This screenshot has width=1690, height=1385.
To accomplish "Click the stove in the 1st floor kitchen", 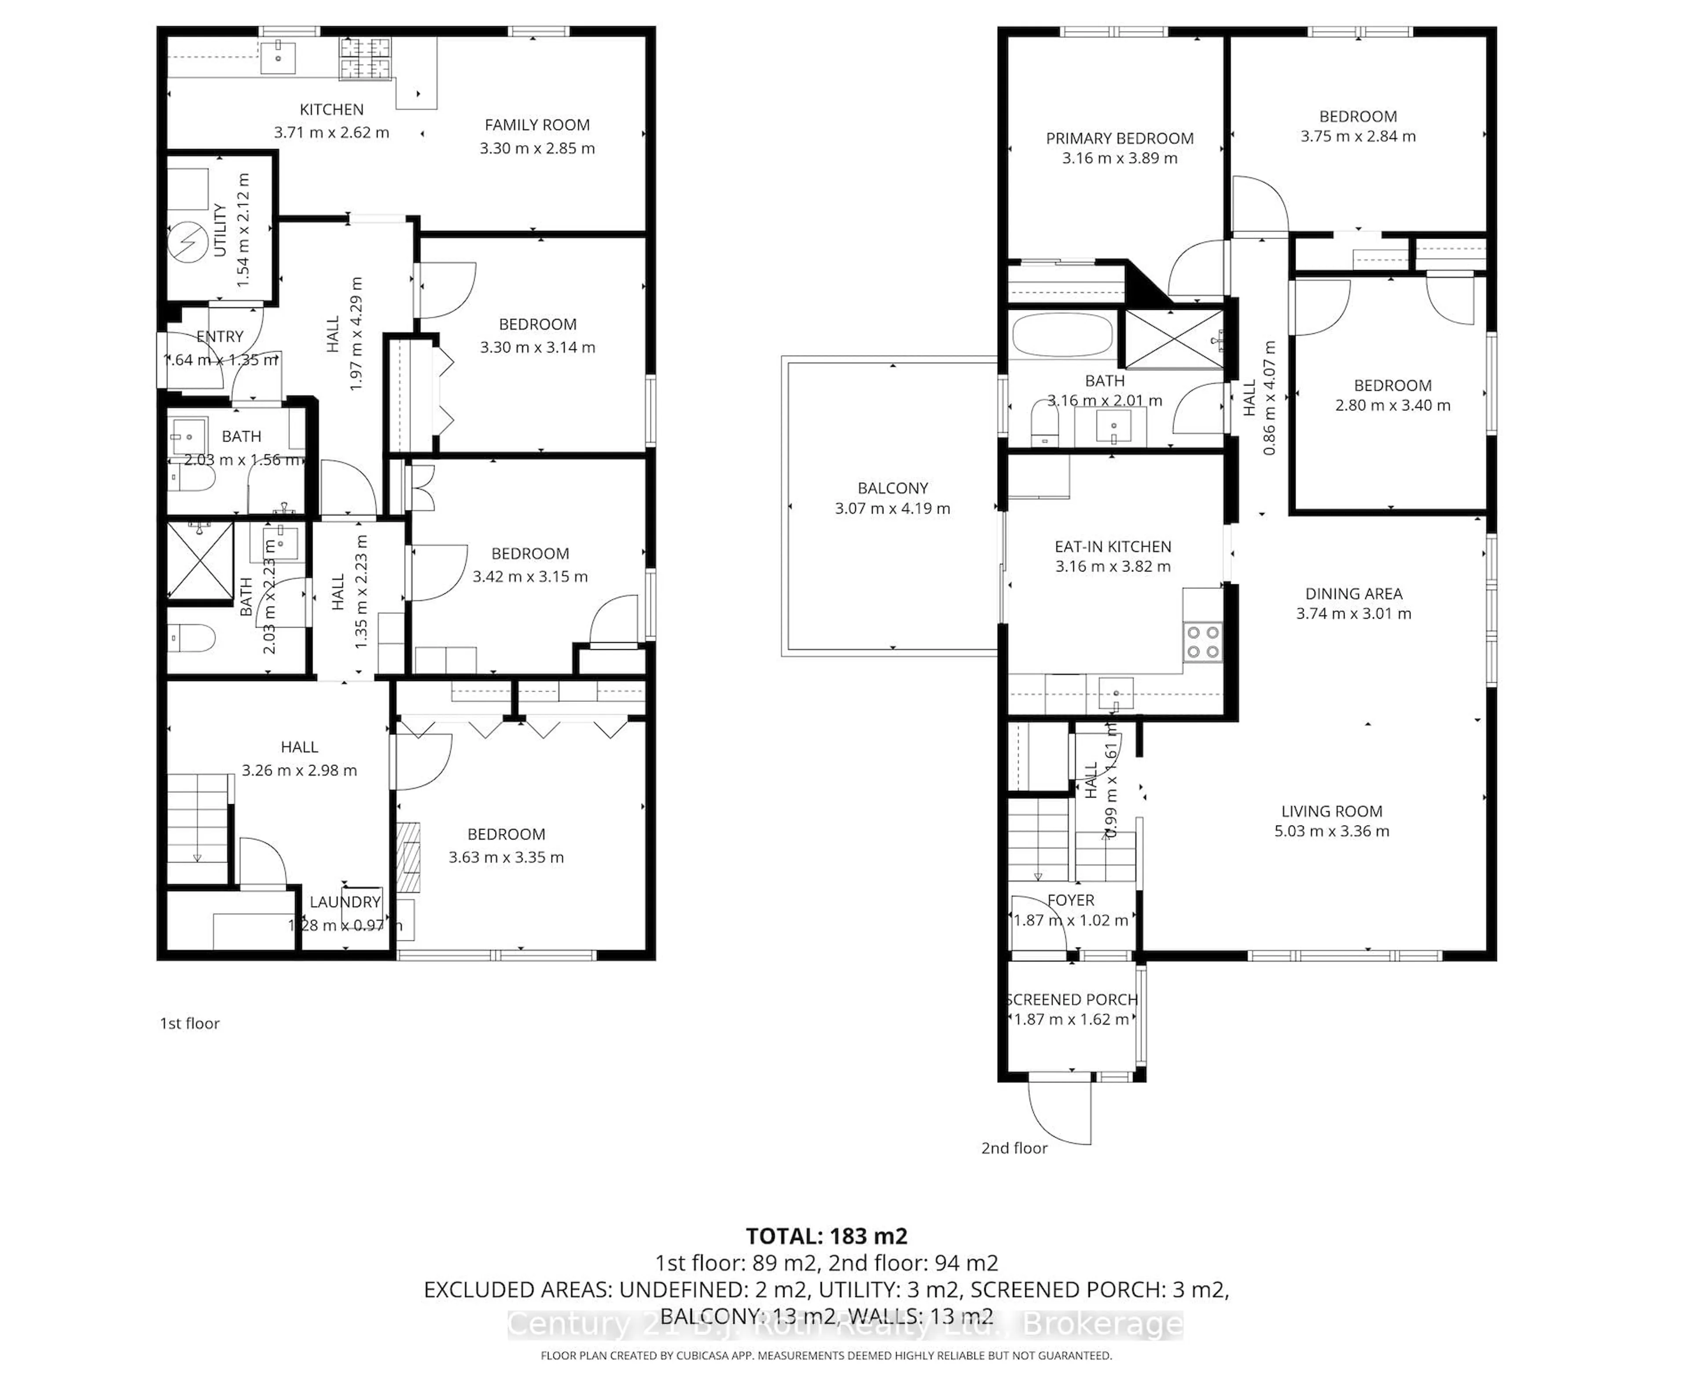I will click(x=366, y=60).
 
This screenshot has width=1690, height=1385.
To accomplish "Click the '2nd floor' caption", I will click(x=1014, y=1148).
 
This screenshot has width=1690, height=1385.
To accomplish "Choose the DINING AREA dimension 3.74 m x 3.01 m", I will click(x=1353, y=613).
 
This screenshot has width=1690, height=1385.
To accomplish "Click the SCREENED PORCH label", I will click(x=1072, y=1000).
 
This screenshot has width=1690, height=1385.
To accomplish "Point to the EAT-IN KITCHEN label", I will click(x=1112, y=546).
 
